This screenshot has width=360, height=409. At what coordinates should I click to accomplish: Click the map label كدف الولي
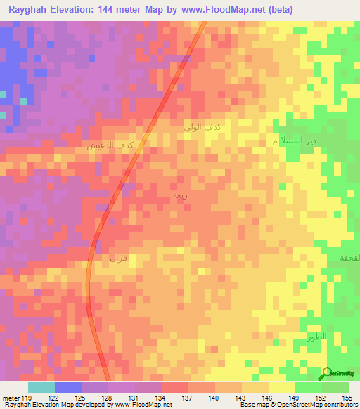tap(202, 127)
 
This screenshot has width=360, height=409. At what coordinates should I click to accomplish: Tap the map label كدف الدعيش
tap(110, 145)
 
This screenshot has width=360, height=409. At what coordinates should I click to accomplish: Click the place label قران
tap(117, 258)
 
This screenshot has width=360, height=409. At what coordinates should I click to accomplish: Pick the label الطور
tap(317, 338)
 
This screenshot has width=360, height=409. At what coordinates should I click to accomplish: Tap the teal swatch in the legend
tap(41, 387)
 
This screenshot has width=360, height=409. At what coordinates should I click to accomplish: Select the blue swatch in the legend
tap(68, 387)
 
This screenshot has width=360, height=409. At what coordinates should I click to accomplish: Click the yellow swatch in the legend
tap(282, 387)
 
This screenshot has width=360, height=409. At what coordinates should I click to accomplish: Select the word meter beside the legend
tap(11, 397)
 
